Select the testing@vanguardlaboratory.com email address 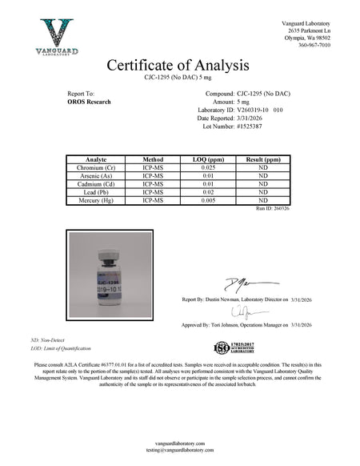pyautogui.click(x=180, y=449)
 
